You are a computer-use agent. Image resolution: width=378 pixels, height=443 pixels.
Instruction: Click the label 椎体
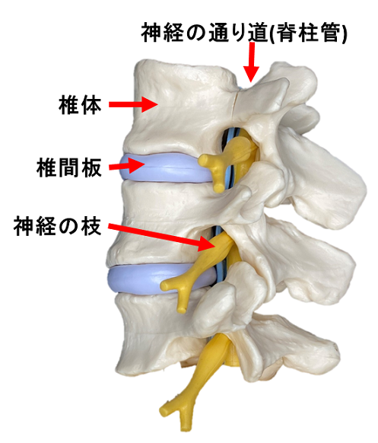[80, 105]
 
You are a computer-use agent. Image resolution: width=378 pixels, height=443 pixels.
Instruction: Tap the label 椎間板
[69, 167]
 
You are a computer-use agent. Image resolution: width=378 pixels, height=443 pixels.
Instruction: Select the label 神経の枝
[57, 226]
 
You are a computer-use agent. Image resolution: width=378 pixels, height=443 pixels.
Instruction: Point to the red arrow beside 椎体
[133, 104]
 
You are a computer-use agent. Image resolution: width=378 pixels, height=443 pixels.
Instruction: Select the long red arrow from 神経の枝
[162, 235]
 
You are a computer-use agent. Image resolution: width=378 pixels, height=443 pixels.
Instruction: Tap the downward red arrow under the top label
[252, 62]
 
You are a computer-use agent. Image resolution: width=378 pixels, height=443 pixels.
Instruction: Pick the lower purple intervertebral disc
[154, 279]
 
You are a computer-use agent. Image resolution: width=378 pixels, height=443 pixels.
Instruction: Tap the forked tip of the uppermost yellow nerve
[212, 172]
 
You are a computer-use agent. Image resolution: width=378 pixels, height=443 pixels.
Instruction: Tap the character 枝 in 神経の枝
[91, 226]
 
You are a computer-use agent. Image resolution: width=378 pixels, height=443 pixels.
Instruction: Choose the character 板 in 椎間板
[91, 167]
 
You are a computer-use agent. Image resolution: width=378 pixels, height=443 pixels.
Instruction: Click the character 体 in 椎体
[91, 105]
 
